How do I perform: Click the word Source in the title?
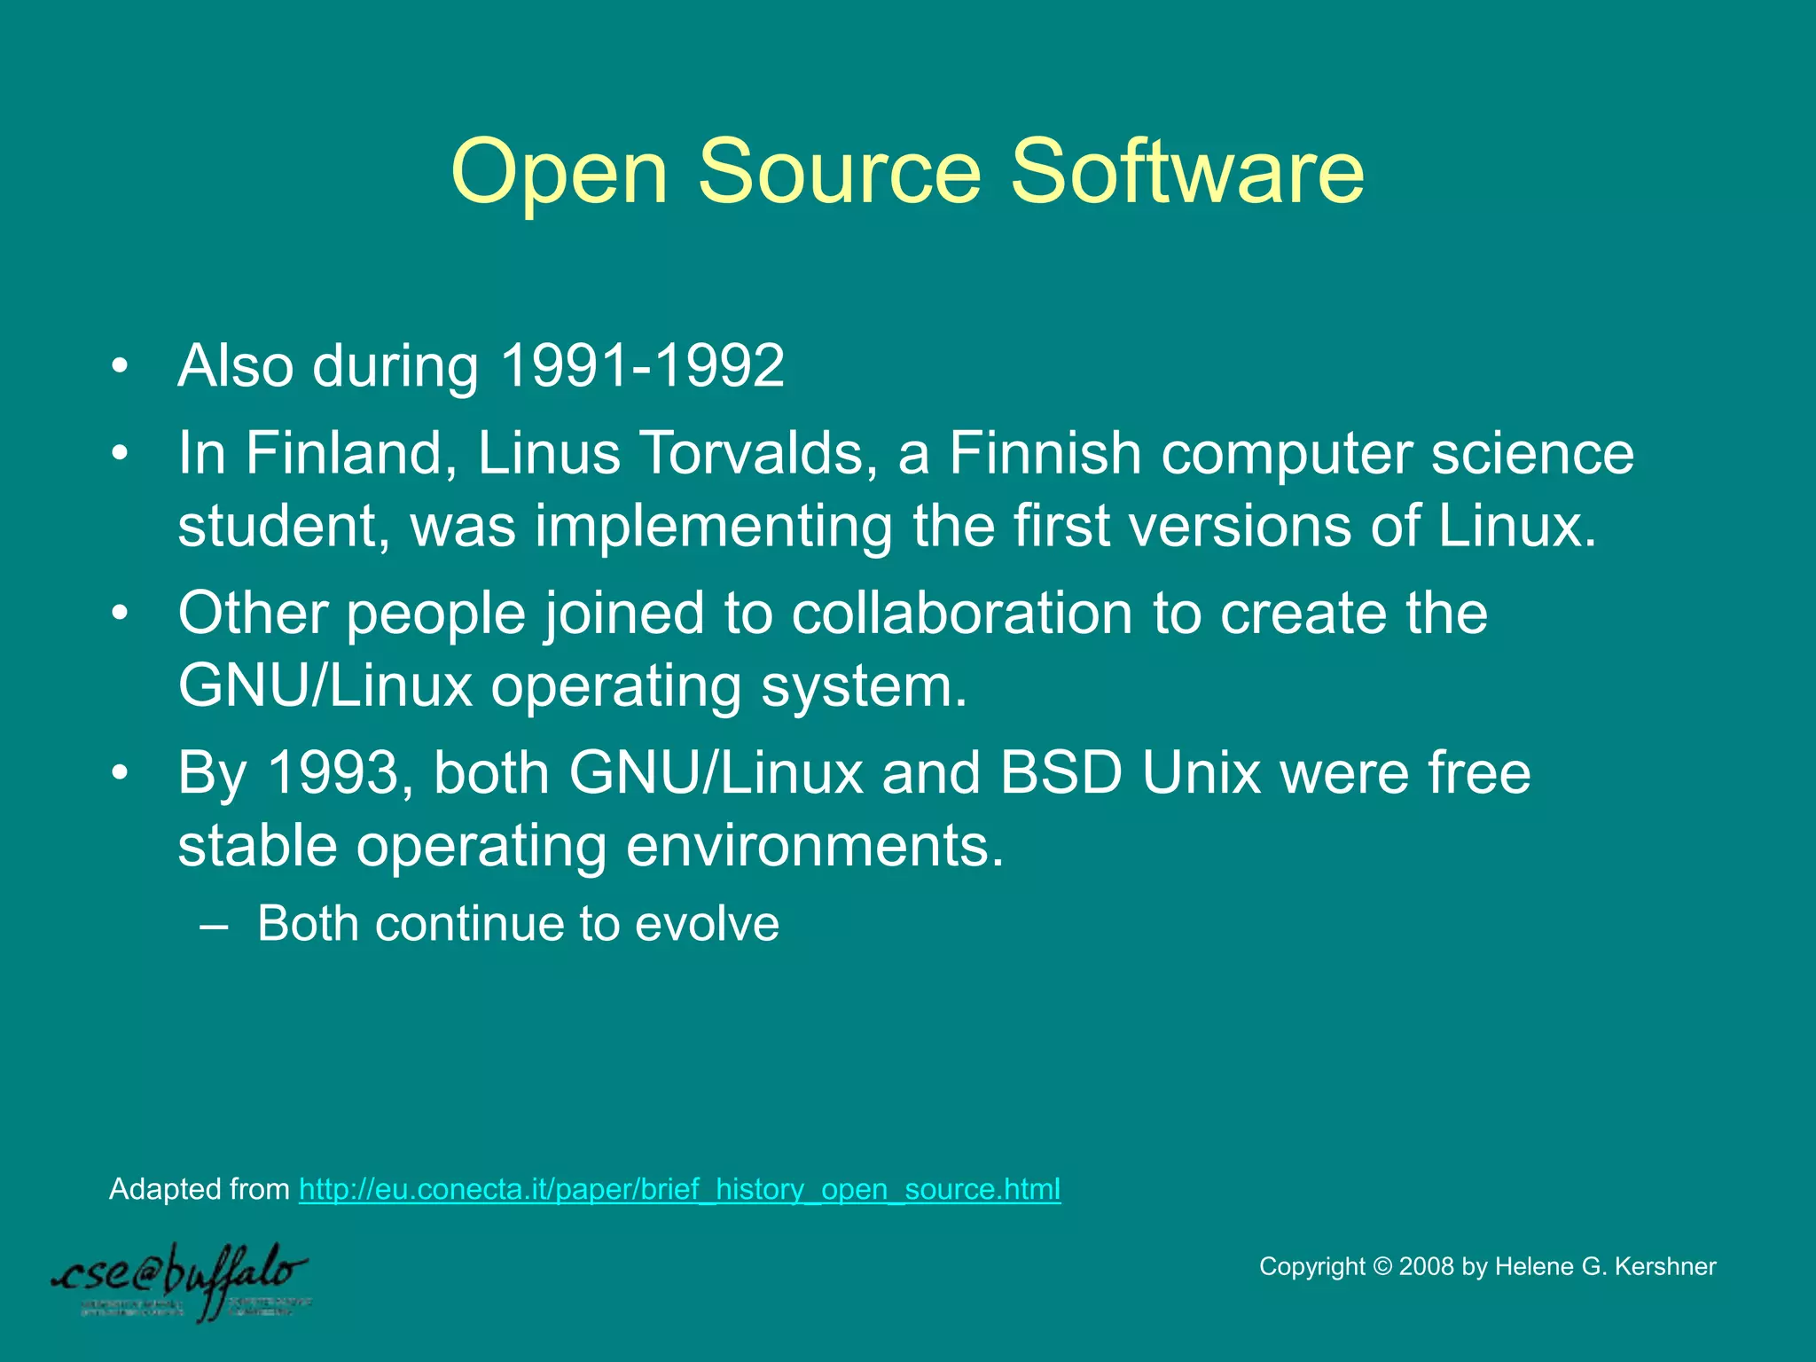click(839, 171)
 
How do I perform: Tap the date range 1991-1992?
click(642, 365)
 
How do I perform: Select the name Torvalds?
click(749, 453)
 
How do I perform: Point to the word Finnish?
click(1045, 453)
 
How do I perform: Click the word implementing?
click(713, 526)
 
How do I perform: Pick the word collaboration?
click(961, 613)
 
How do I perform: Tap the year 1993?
click(333, 772)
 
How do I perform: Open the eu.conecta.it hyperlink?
click(679, 1189)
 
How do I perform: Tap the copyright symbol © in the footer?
click(1382, 1266)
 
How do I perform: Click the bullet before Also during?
click(121, 366)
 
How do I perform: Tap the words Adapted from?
click(199, 1189)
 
